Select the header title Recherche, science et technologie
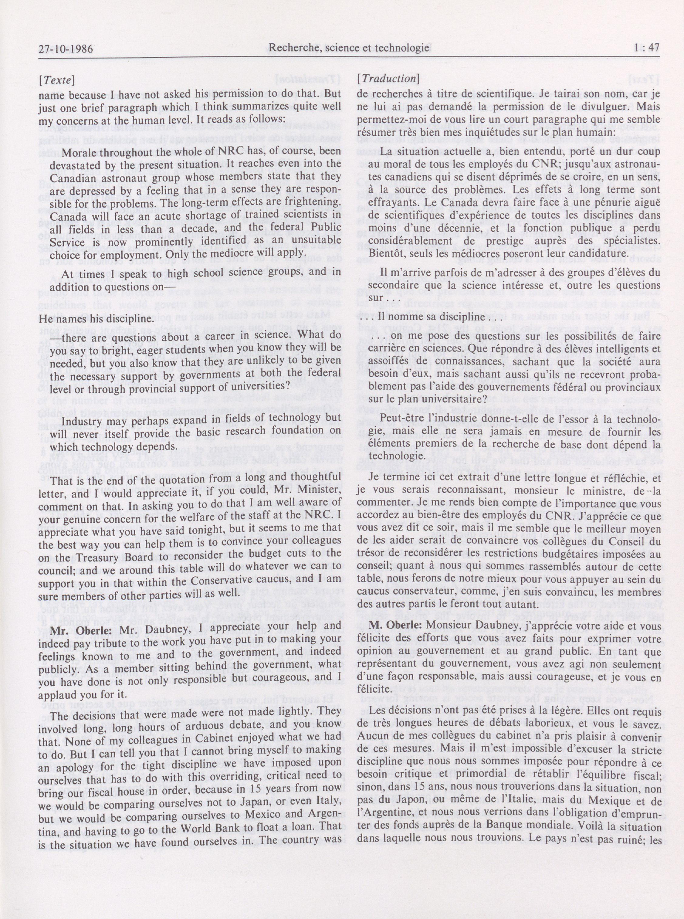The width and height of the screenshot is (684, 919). (349, 49)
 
